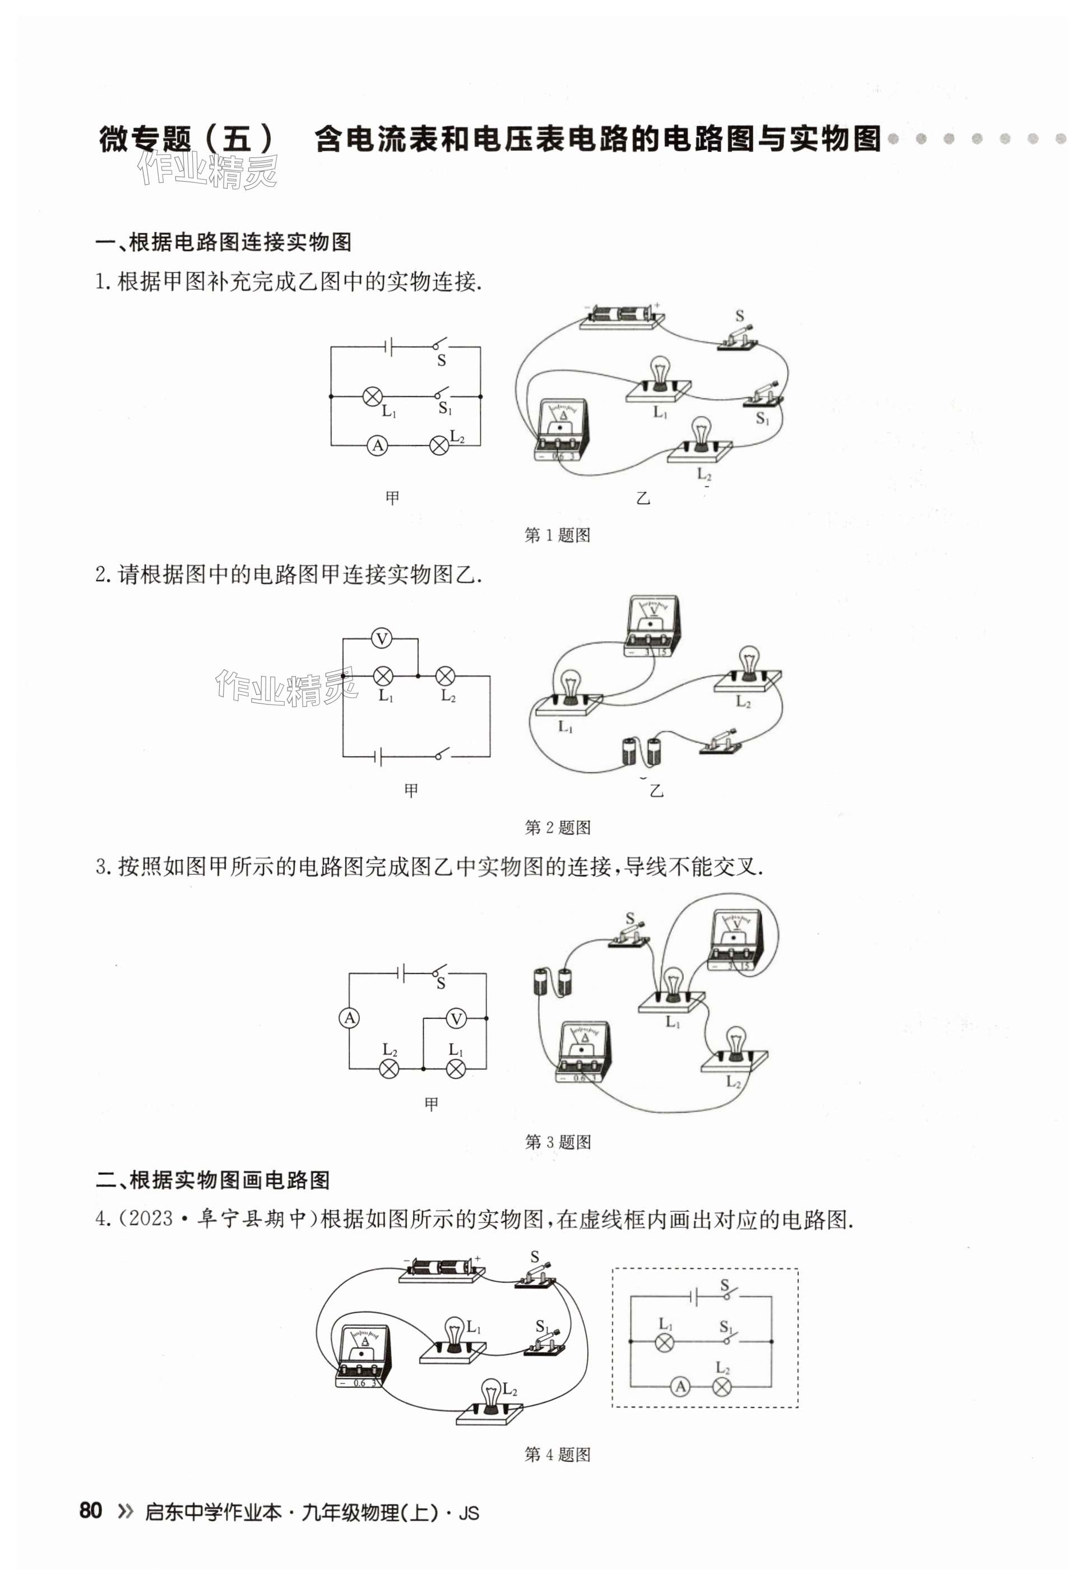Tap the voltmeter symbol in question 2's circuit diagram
coord(382,638)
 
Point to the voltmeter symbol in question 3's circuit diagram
coord(456,1019)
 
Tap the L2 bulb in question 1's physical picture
coord(700,437)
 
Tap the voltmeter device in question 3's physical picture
coord(734,941)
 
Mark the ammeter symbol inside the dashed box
coord(680,1386)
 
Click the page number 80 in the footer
coord(91,1509)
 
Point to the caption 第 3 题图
coord(557,1142)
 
